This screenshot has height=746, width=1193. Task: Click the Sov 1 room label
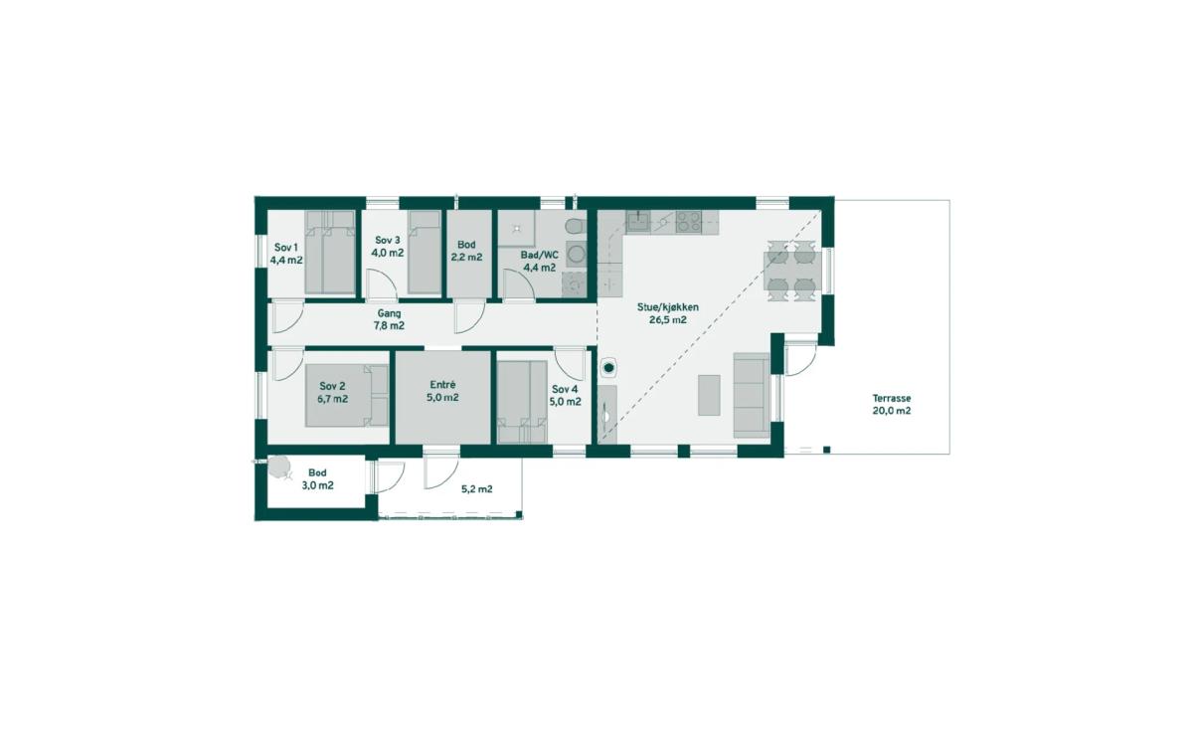286,248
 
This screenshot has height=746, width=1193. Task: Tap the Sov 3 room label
387,241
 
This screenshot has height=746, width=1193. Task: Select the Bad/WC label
540,256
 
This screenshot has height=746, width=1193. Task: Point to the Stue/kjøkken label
668,307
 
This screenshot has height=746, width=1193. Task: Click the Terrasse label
892,398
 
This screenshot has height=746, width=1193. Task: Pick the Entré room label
442,385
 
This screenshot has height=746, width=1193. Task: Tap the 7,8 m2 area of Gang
389,325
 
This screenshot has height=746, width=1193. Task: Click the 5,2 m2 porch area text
476,489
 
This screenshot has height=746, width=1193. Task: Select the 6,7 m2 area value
332,399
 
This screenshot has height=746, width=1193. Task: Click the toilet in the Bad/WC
576,227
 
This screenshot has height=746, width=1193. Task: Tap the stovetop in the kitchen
689,222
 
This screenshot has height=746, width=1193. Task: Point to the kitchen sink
637,221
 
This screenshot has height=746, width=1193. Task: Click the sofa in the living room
752,395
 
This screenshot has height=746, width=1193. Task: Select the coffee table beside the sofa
709,395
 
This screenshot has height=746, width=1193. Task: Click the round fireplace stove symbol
608,367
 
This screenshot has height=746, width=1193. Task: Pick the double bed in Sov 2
347,396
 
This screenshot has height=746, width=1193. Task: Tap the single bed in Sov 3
425,252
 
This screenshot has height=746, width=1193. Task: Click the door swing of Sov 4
570,364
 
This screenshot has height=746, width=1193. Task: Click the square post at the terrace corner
826,450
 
